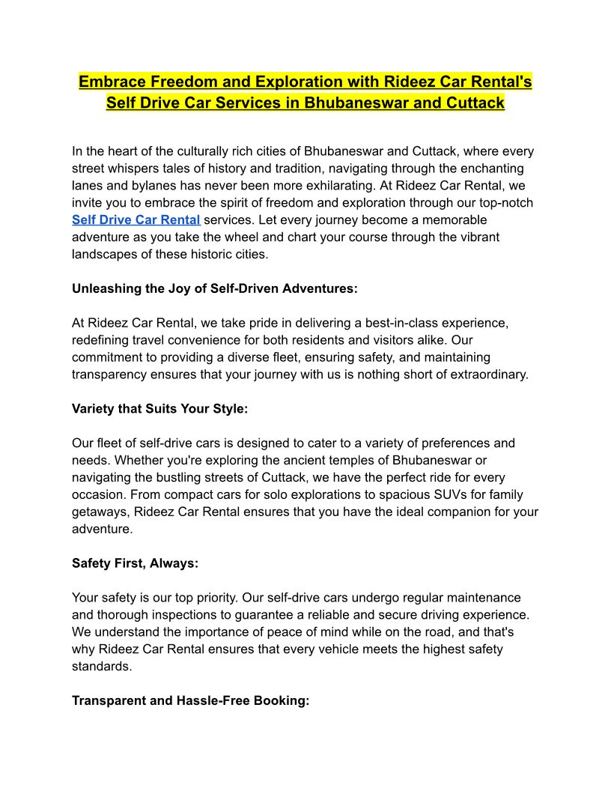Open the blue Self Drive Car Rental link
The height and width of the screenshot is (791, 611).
[136, 219]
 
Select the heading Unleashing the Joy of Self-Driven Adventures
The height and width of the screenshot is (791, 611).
[215, 288]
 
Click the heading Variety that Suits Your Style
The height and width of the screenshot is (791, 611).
[159, 409]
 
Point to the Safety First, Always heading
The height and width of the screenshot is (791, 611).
[135, 563]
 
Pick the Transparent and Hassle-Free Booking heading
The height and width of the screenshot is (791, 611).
[190, 701]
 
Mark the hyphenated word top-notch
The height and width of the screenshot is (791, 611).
[504, 203]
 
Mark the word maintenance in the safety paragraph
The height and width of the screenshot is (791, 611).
[478, 598]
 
